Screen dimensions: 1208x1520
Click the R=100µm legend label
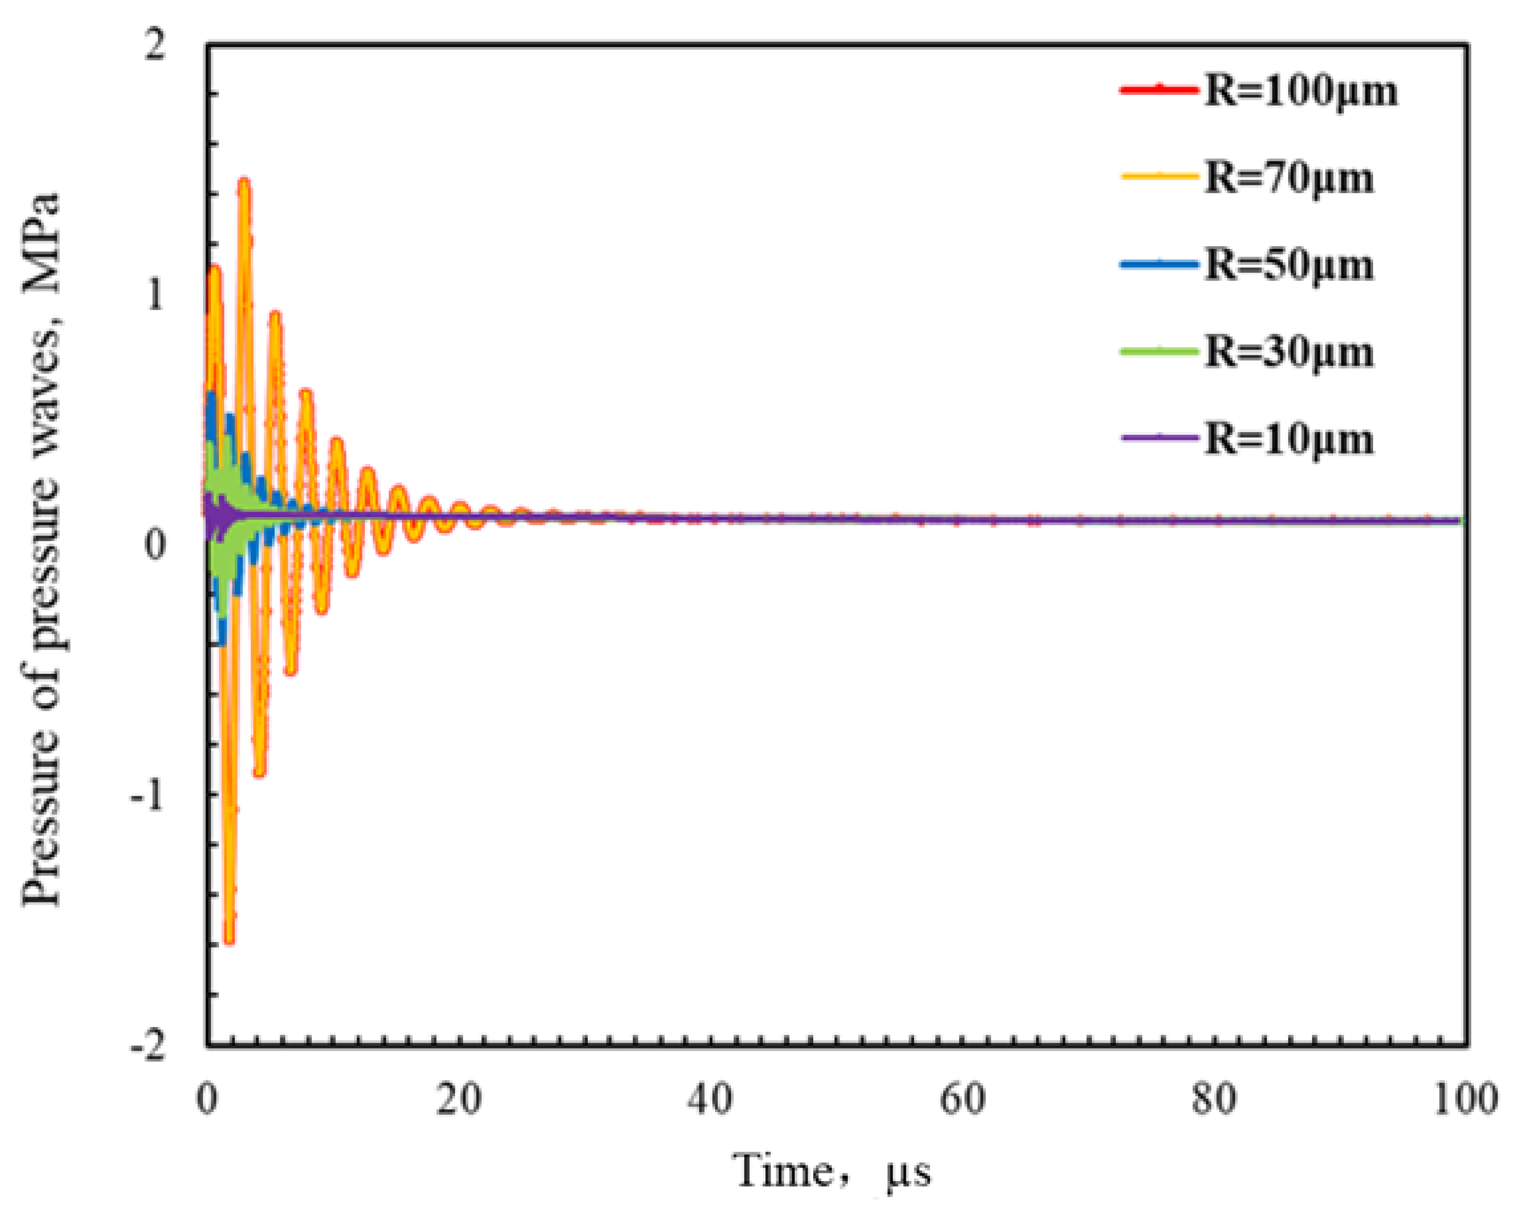1300,92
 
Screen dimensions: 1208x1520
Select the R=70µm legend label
1289,178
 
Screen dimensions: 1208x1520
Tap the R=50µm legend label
1289,265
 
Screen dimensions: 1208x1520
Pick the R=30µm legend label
1289,352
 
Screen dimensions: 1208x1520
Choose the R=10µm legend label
1289,439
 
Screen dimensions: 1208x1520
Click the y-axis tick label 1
156,296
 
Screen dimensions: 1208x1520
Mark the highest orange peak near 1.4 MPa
244,182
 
